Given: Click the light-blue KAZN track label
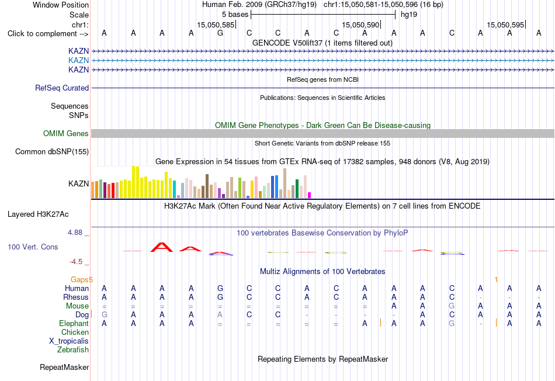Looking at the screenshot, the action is pos(78,61).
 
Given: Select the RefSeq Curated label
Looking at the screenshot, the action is pos(62,88).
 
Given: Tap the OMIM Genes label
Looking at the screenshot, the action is pos(66,133).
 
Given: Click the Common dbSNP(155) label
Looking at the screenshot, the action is pos(52,151).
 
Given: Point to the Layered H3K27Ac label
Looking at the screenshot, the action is pos(38,214).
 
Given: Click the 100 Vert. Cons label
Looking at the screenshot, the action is pos(33,247).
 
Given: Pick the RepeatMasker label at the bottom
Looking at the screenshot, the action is pos(64,367).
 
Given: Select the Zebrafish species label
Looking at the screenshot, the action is pos(73,350).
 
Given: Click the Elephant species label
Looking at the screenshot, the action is pos(74,324).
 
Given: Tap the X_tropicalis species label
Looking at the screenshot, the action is pos(69,341).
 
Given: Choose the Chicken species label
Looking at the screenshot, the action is pos(75,332).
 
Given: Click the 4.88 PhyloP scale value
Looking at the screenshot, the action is pos(75,233).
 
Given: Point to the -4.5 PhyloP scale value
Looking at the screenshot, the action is pos(76,262).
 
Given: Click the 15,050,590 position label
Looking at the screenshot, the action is pos(360,25).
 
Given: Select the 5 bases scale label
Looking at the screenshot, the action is pos(235,15).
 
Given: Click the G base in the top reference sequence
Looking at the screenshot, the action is pos(220,33).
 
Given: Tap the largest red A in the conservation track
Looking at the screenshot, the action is pos(162,247).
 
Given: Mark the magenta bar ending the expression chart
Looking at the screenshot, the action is pos(310,195).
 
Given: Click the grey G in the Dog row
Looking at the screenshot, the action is pos(105,315).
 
